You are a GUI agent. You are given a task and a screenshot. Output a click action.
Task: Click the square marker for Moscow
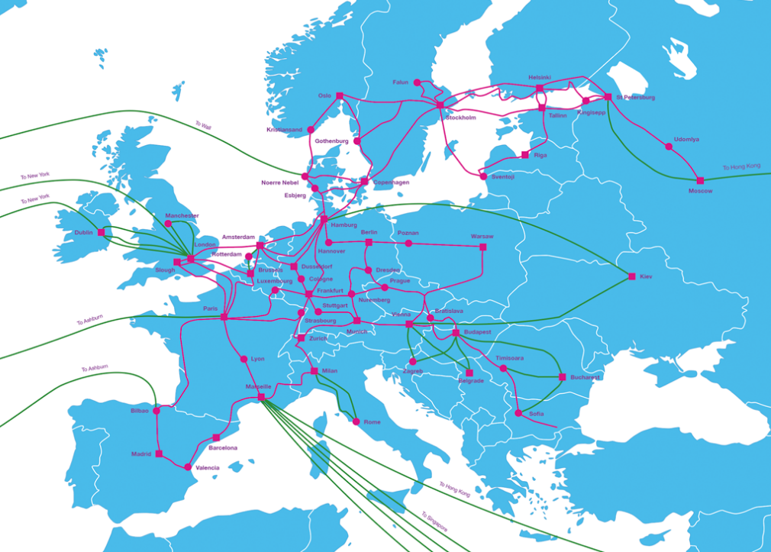click(700, 181)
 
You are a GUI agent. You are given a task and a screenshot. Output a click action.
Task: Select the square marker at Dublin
click(101, 232)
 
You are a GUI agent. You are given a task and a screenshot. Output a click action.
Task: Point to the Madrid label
click(141, 454)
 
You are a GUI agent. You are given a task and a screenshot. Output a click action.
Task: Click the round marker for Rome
click(356, 421)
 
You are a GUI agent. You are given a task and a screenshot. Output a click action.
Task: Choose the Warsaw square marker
click(482, 247)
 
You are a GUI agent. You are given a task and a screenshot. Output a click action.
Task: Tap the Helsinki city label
click(540, 77)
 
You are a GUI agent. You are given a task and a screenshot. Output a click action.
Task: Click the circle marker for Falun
click(418, 82)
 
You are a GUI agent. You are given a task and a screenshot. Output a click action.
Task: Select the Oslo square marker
click(340, 96)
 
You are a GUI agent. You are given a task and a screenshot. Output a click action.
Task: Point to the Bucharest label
click(586, 377)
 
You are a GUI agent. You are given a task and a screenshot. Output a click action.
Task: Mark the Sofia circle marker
click(519, 413)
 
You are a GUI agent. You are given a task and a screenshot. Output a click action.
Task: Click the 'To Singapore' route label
click(434, 522)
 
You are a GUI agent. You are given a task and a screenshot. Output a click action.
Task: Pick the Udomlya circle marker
click(669, 147)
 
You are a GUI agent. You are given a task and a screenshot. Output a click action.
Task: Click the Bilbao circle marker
click(156, 411)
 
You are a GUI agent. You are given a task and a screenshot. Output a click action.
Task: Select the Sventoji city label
click(503, 176)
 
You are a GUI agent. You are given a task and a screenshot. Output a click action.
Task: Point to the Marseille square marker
click(261, 397)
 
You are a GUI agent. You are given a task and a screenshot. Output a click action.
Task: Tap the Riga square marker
click(524, 155)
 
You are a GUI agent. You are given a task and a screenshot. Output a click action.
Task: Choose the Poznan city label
click(408, 233)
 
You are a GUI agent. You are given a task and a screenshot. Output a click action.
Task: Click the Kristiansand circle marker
click(311, 130)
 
